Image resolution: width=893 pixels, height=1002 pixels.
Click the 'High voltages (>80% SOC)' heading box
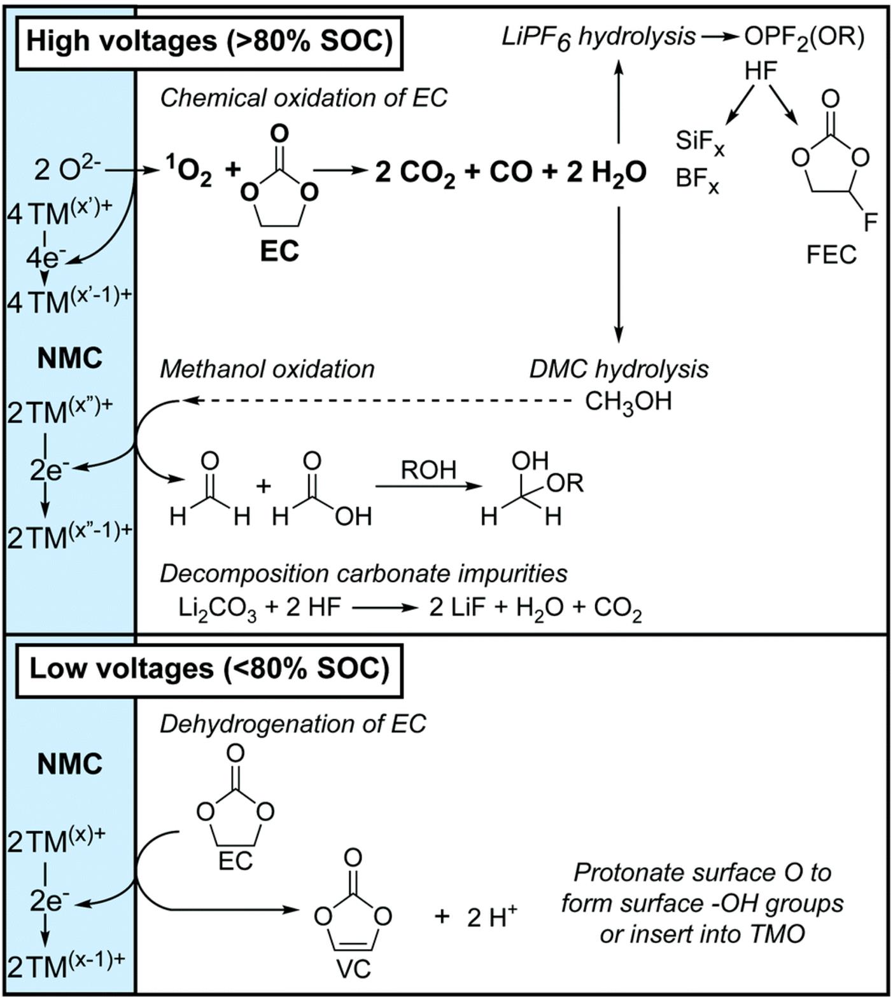click(209, 43)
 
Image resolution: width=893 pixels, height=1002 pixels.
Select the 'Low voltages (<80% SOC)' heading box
click(209, 669)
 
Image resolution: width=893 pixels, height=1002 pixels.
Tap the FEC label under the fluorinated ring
click(831, 255)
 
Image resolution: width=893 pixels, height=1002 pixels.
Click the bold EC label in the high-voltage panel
click(279, 251)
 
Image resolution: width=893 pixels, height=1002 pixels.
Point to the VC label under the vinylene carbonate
click(353, 969)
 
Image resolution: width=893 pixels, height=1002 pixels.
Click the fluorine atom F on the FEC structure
click(869, 221)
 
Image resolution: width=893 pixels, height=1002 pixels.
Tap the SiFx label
click(700, 141)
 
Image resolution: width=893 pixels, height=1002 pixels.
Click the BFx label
click(698, 181)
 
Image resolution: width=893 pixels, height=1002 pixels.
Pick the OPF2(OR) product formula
click(805, 38)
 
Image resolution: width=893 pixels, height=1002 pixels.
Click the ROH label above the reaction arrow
click(428, 470)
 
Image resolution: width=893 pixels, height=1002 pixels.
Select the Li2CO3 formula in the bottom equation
click(218, 608)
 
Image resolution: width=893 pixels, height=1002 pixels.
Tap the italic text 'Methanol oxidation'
click(267, 369)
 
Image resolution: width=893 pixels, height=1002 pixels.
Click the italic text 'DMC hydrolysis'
click(619, 369)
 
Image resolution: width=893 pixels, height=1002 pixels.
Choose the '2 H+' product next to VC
click(491, 917)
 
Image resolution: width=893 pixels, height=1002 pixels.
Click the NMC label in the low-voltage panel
click(69, 763)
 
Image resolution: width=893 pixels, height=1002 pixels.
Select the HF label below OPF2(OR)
click(761, 71)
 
